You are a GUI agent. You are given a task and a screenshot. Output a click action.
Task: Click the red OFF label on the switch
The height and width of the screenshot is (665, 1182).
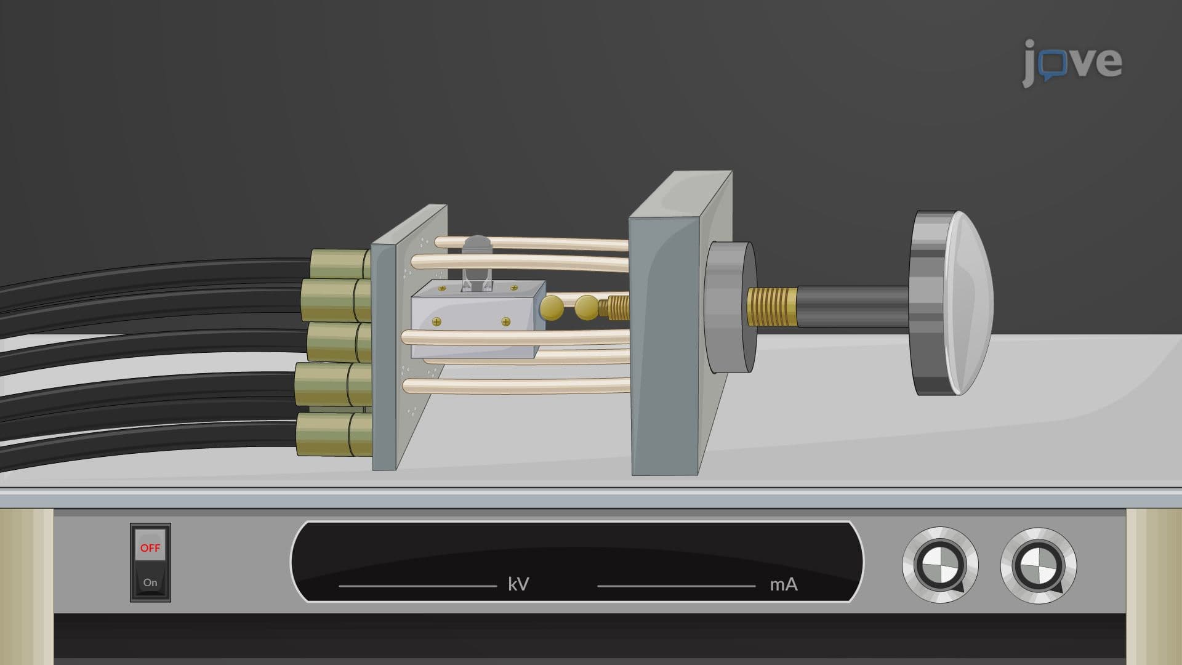tap(150, 547)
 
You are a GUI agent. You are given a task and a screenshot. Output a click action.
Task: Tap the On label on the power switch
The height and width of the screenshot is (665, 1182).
tap(150, 582)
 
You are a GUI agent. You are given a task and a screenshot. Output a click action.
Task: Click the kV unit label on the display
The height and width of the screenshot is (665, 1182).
tap(518, 584)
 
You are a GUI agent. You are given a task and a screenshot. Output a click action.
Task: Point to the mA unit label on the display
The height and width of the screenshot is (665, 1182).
tap(784, 584)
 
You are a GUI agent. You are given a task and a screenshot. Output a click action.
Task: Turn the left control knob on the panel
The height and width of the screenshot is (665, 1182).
tap(940, 565)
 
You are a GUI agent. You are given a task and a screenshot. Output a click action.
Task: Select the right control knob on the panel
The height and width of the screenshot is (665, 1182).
tap(1039, 565)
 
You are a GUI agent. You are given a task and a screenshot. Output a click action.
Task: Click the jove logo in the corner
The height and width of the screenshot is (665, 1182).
tap(1072, 62)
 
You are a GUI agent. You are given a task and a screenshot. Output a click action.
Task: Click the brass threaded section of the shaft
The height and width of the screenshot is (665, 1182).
tap(772, 307)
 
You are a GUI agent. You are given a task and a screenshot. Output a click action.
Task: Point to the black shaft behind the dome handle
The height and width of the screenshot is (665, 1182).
tap(853, 307)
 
